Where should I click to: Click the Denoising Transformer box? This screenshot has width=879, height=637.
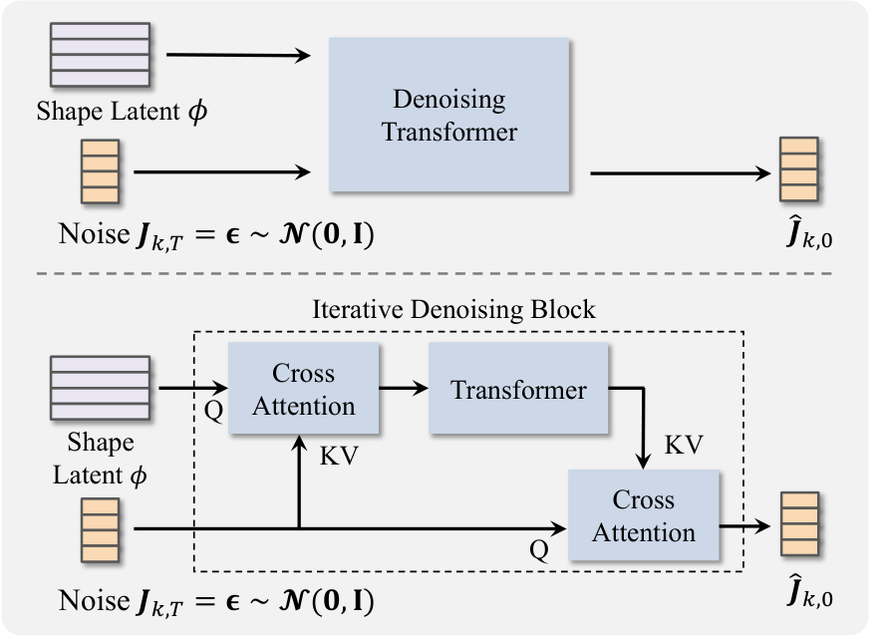[x=449, y=115]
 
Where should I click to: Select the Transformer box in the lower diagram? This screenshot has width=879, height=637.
[x=518, y=388]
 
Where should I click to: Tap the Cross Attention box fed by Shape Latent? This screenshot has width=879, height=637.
[x=303, y=388]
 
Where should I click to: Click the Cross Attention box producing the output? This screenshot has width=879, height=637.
[x=644, y=514]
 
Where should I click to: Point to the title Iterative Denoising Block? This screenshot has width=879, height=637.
[x=453, y=309]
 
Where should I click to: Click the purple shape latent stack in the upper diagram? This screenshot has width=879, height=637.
[x=101, y=55]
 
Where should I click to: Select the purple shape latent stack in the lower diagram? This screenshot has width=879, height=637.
[x=101, y=388]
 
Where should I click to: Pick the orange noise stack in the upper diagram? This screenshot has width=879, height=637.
[x=101, y=171]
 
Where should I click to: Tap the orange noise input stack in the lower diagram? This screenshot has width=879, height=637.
[x=101, y=530]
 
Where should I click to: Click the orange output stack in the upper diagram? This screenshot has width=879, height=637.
[x=799, y=169]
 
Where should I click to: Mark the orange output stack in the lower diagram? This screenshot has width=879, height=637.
[x=800, y=524]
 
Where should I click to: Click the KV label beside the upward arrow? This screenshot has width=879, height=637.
[x=339, y=456]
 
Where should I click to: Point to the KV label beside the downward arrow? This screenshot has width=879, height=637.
[x=684, y=446]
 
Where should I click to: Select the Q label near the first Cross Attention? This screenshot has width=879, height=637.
[x=213, y=411]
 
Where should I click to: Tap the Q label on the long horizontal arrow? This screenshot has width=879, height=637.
[x=539, y=550]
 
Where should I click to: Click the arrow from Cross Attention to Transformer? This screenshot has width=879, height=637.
[x=404, y=388]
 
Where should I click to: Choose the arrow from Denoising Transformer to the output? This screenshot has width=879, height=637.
[x=681, y=173]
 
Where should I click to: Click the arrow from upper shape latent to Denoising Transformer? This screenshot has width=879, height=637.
[x=238, y=55]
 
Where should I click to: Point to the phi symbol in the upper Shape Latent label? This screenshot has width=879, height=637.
[x=197, y=112]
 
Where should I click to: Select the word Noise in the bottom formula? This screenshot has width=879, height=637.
[x=94, y=600]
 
